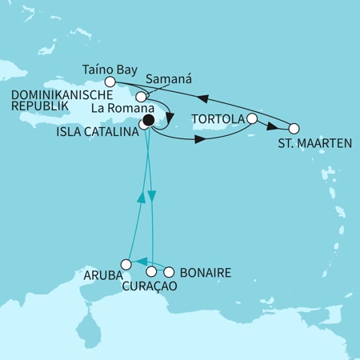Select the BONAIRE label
pos(206,273)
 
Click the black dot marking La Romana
pos(147,122)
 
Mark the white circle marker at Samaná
pos(141,96)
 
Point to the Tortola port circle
pos(252,119)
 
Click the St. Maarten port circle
pos(294,128)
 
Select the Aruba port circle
pos(126,264)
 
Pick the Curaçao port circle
pos(151,272)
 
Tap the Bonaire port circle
pos(168,272)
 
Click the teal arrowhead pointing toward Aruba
pos(137,262)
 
